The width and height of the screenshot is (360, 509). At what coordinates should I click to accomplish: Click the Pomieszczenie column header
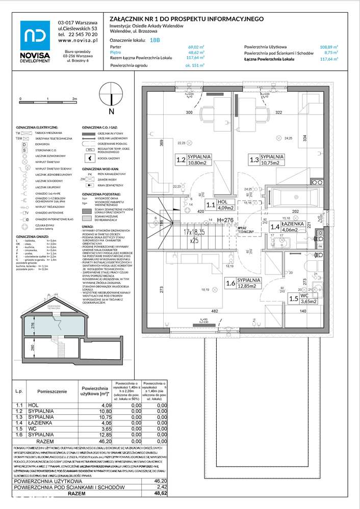click(x=53, y=391)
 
